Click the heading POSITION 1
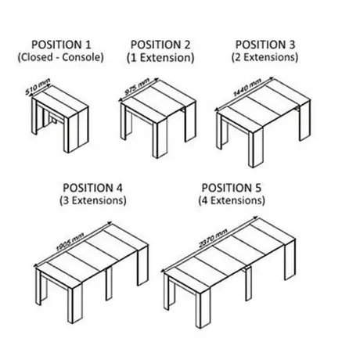[x=61, y=45]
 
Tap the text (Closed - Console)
[x=60, y=57]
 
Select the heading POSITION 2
[x=160, y=45]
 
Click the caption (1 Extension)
[x=160, y=58]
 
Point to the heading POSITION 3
[x=265, y=45]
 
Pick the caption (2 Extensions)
[x=265, y=57]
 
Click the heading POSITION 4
[x=92, y=188]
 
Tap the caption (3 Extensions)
[x=93, y=200]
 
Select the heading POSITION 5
[x=232, y=188]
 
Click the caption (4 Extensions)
[x=232, y=200]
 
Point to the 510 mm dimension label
[x=38, y=87]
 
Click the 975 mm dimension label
[x=137, y=86]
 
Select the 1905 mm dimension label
[x=70, y=242]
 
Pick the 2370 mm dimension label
[x=213, y=238]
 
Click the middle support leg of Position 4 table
[x=109, y=283]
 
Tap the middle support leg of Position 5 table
[x=248, y=284]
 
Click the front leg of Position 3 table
[x=256, y=148]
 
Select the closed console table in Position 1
[x=60, y=119]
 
